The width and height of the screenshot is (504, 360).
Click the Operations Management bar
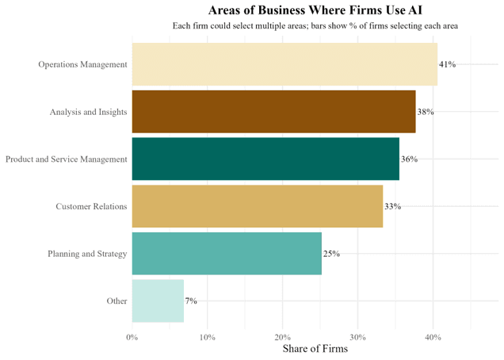pos(284,64)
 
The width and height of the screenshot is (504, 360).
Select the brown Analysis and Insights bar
pos(273,112)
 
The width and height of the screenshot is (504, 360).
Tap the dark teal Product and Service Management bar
pos(265,159)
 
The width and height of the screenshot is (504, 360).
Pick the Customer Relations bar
pos(257,206)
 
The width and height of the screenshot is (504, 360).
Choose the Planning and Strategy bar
pos(227,254)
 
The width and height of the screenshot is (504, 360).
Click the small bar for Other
pos(158,301)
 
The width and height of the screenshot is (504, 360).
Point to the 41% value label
pos(448,64)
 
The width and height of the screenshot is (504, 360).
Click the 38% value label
pos(426,112)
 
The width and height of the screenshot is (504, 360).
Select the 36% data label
pos(409,159)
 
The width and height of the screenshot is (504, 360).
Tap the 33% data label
pos(392,207)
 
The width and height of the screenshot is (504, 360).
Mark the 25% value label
pos(331,255)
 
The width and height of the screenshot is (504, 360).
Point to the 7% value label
pos(191,301)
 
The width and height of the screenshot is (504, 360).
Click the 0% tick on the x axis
pos(132,337)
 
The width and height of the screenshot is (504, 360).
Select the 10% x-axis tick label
pos(207,337)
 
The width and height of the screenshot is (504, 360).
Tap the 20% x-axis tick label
pos(282,337)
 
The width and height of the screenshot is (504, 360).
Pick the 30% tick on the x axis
pos(357,337)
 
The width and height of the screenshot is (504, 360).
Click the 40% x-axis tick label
pos(433,337)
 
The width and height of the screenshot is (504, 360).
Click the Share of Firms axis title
pos(315,349)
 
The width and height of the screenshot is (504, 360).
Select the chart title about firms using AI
pos(315,10)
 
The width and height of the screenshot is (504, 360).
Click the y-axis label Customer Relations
pos(91,207)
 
